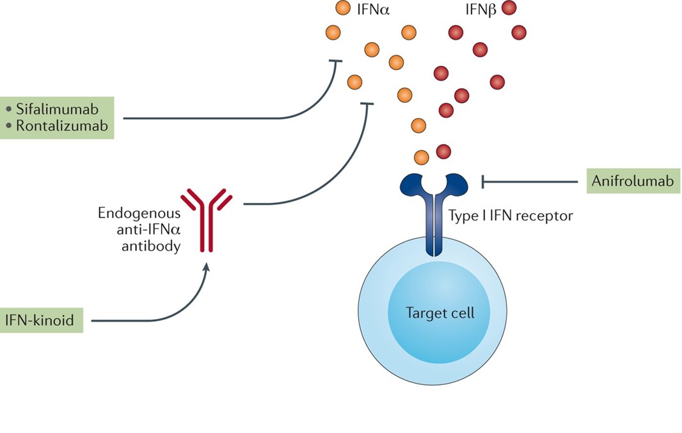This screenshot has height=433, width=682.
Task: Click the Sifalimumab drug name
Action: (57, 109)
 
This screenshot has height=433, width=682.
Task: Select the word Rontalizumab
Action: (62, 126)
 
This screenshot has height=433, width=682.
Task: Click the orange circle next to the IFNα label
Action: (343, 8)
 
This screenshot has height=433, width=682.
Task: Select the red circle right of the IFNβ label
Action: (509, 8)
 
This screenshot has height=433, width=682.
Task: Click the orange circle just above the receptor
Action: (422, 156)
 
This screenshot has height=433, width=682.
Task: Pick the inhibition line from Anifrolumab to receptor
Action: (531, 182)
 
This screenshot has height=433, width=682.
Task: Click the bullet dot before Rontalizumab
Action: (8, 126)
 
